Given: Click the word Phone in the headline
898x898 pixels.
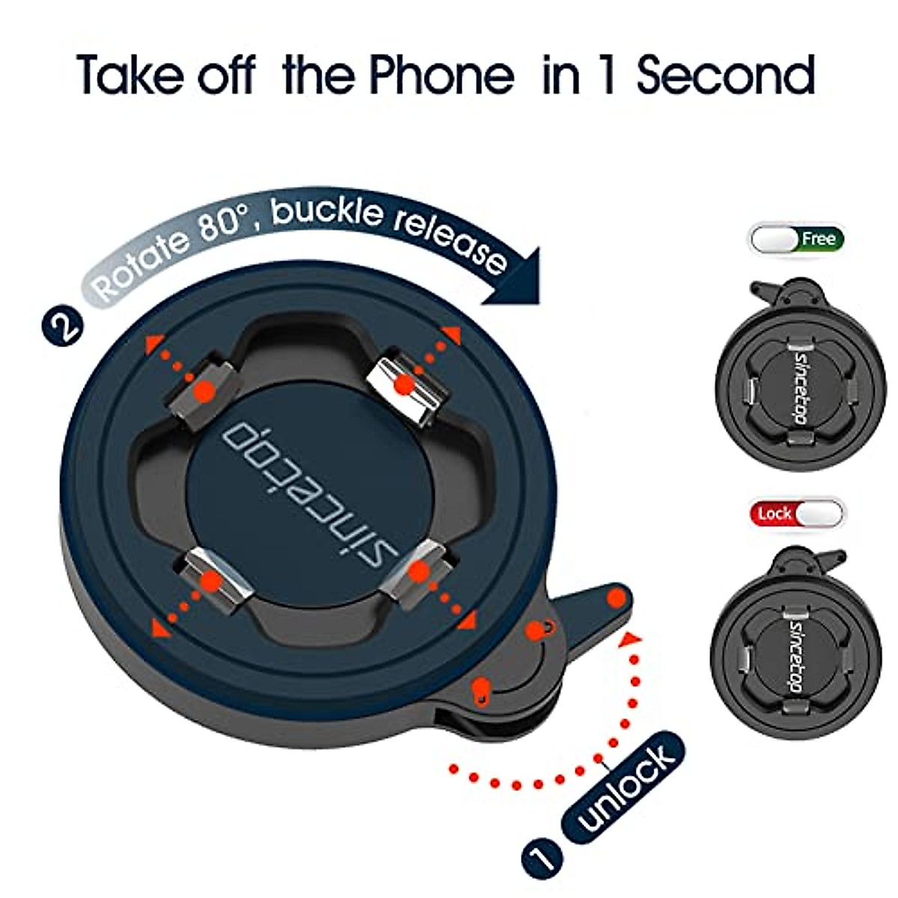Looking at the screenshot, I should click(442, 75).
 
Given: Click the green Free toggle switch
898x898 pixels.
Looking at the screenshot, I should click(797, 239).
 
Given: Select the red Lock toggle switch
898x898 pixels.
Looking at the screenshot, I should click(795, 513).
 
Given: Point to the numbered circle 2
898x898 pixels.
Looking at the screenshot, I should click(64, 326).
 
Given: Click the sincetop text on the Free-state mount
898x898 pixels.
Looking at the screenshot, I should click(799, 385).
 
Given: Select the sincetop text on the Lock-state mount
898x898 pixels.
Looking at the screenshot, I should click(799, 659).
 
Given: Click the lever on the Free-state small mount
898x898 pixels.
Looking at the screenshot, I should click(767, 289).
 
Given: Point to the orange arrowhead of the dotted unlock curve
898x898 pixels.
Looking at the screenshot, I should click(633, 638).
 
